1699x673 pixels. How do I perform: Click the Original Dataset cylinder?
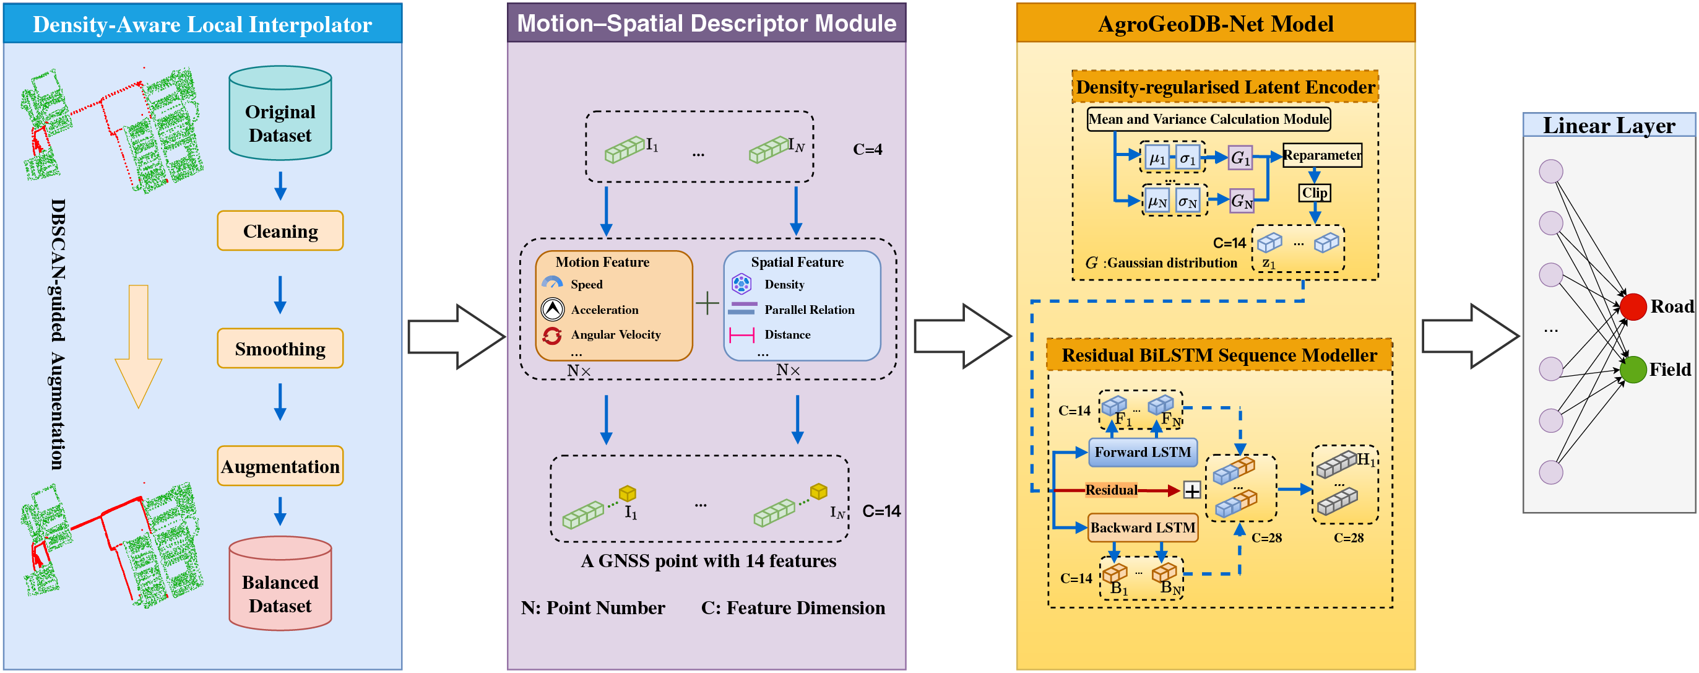280,113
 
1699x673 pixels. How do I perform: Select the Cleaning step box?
280,231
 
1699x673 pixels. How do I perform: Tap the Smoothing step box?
280,349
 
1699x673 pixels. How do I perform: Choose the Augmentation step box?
280,466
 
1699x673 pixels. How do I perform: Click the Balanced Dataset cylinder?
280,583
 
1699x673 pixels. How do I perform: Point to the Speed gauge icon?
552,284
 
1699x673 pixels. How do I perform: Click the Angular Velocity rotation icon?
552,335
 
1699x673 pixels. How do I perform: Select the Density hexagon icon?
741,284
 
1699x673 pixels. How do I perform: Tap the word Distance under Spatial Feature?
787,334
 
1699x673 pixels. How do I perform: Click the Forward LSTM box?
1143,453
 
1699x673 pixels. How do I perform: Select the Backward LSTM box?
1143,528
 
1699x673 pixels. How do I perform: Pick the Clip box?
1315,193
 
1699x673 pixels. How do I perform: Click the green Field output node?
1633,370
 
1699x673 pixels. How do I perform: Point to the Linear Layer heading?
1609,125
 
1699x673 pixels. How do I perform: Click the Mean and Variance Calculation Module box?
1208,119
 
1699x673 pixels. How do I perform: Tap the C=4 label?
867,150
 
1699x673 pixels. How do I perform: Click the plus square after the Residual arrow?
1192,490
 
